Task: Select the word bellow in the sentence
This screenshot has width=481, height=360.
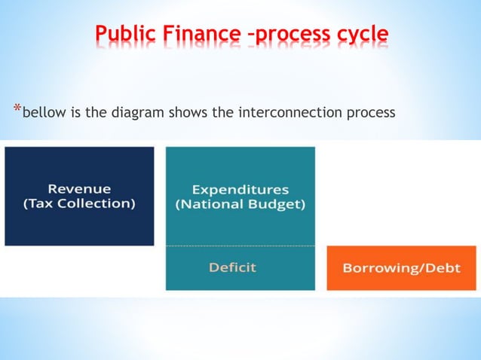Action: [x=44, y=114]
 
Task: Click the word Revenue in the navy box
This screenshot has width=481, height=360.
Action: [x=79, y=188]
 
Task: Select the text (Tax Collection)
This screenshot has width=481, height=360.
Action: [x=79, y=204]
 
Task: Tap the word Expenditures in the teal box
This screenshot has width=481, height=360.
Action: [x=240, y=189]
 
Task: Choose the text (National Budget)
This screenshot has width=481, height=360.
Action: [x=240, y=205]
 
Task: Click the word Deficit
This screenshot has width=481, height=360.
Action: [x=233, y=267]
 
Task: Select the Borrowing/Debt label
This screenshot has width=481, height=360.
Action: [x=401, y=267]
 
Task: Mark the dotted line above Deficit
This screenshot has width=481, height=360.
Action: [x=240, y=246]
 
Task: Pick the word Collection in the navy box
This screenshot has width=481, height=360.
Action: [x=97, y=204]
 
